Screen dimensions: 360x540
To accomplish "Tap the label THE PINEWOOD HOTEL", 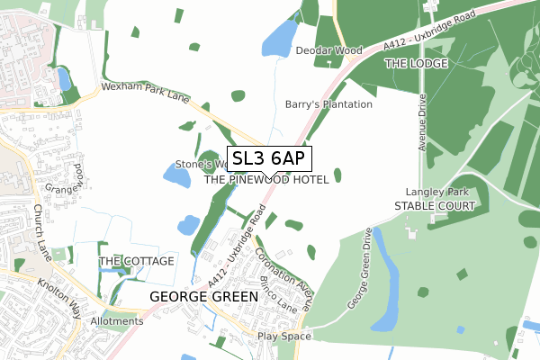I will coord(273,179).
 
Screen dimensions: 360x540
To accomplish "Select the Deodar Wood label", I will coord(329,51).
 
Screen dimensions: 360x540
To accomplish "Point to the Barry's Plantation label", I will coord(328,104).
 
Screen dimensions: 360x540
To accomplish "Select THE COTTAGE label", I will coord(128,260).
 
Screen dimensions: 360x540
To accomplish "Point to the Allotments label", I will coord(116,321).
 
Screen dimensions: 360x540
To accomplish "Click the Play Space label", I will coord(283,337).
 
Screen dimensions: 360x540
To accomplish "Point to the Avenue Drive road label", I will coord(420,123).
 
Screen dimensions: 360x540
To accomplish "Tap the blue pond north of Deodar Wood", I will coord(280,38).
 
